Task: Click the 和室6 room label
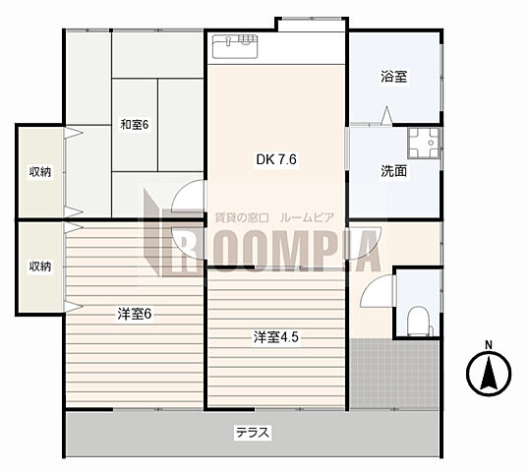coord(135,125)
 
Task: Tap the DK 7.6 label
coord(276,159)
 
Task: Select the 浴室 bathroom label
coord(393,77)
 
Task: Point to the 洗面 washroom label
coord(393,171)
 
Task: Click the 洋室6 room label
coord(135,314)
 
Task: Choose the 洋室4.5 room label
coord(276,336)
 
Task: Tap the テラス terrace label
coord(253,433)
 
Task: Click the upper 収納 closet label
coord(39,172)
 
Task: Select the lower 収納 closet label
coord(39,266)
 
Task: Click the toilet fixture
coord(419,322)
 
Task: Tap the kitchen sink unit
coord(235,46)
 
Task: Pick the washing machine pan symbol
coord(424,143)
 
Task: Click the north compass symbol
coord(489,373)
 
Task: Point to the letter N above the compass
coord(489,345)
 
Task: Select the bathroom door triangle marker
coord(387,116)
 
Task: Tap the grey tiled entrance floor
coord(393,374)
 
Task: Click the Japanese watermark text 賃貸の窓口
coord(242,218)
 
